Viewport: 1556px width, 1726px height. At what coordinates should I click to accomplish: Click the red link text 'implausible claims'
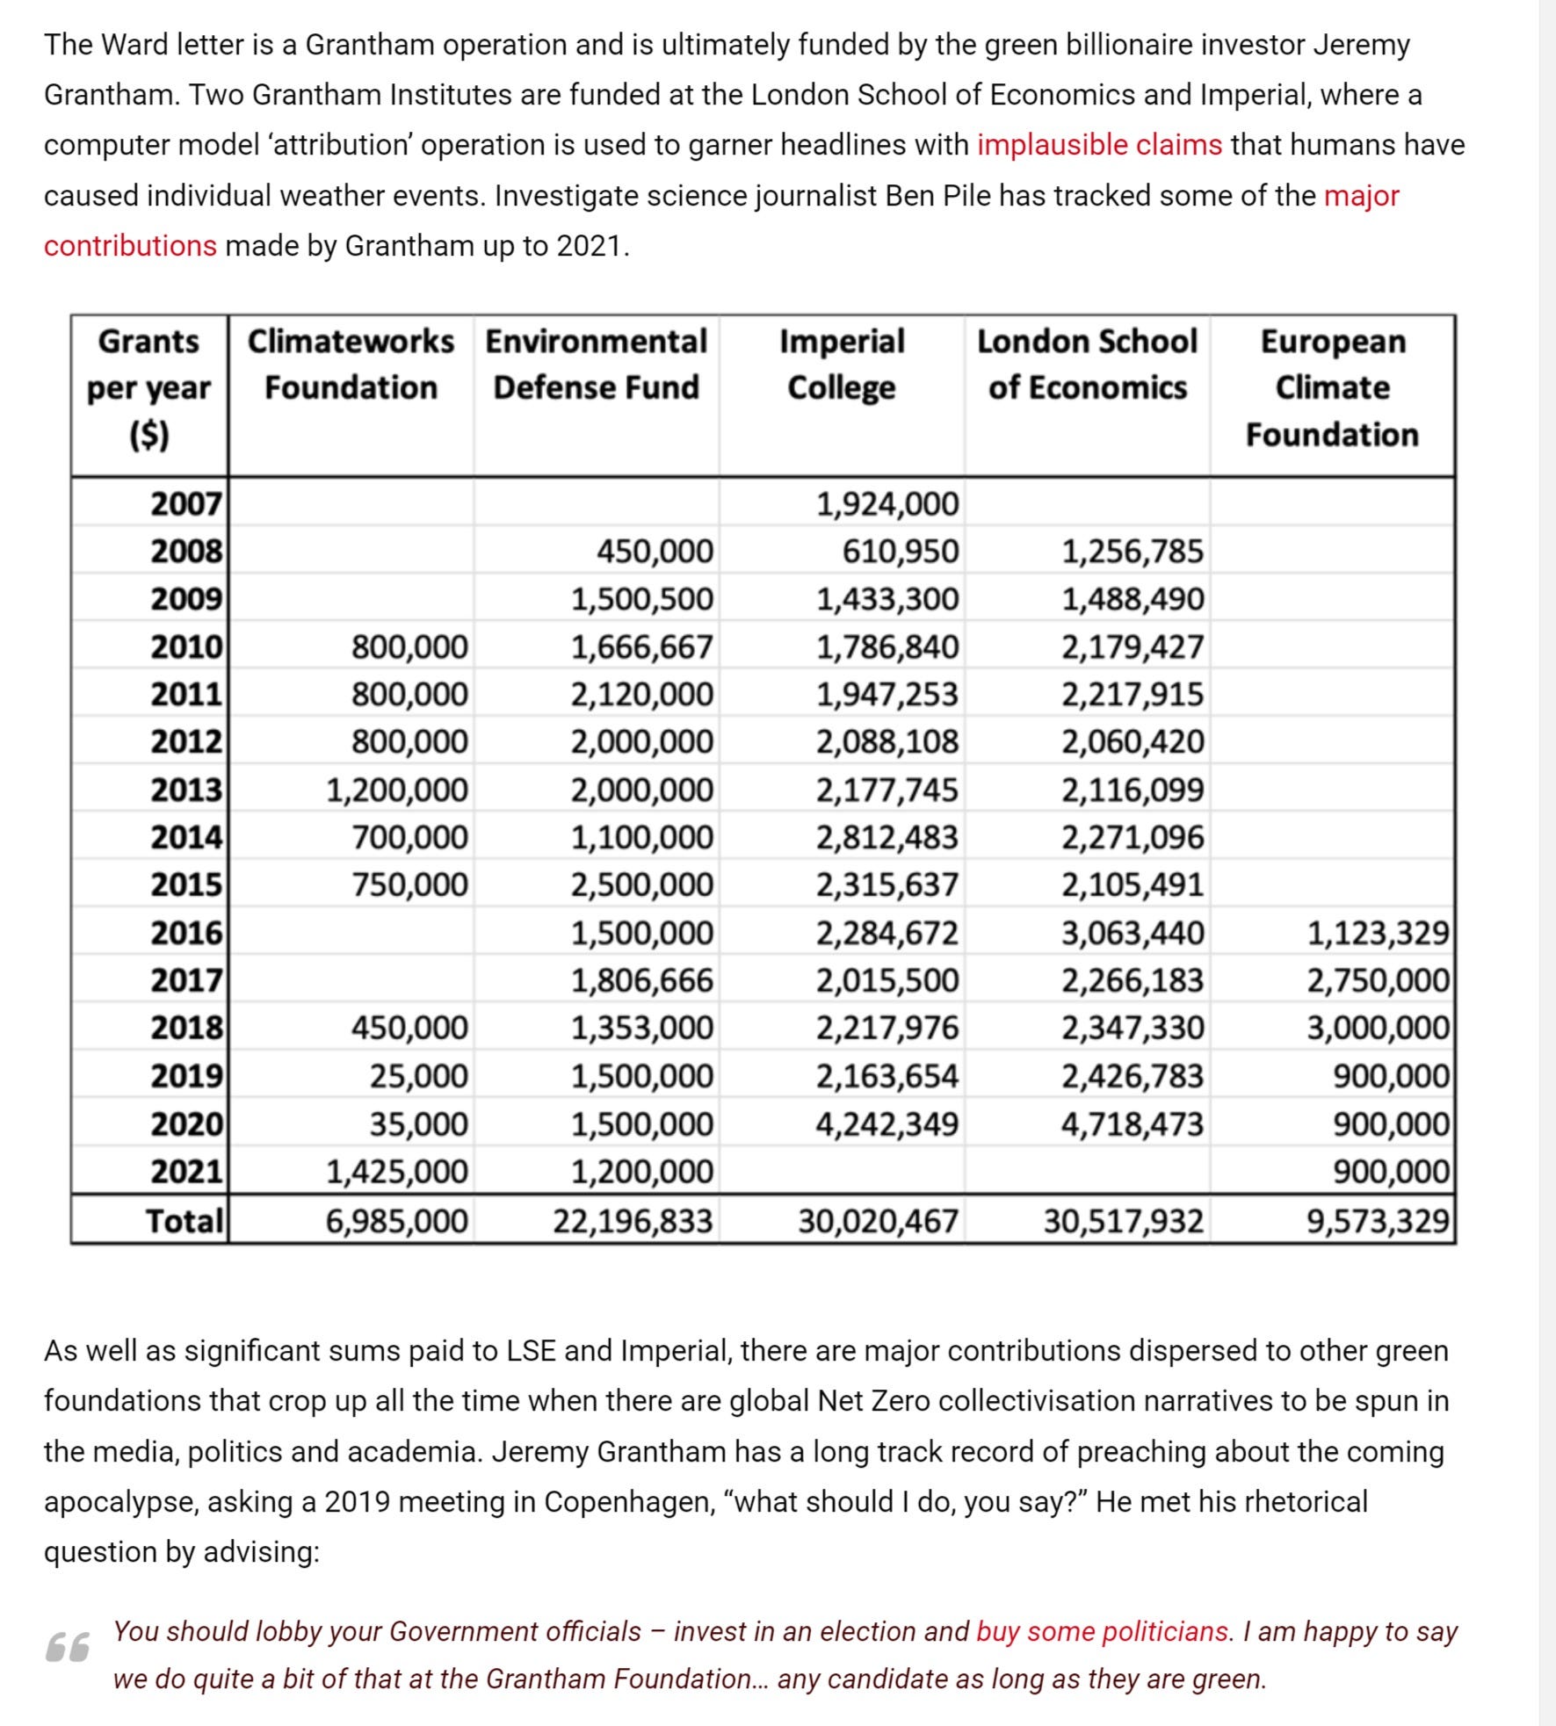[1098, 145]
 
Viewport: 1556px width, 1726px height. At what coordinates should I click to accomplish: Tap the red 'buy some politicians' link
[1102, 1631]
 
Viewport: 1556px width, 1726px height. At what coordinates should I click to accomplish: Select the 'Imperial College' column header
[842, 364]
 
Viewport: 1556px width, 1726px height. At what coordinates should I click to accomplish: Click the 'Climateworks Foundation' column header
[351, 364]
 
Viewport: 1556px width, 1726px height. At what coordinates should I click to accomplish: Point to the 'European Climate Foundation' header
[1332, 387]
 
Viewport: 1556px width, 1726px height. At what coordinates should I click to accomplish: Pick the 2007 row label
[185, 504]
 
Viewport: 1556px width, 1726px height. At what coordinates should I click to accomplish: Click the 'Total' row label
[185, 1220]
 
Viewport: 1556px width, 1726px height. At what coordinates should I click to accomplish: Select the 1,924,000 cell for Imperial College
[887, 504]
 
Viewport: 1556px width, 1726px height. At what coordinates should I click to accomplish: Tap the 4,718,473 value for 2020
[1132, 1124]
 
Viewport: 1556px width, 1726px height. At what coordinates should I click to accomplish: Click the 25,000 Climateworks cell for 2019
[418, 1076]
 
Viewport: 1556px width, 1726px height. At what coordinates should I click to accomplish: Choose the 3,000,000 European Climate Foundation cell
[1377, 1028]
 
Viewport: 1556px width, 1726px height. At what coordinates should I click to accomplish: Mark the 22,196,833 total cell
[633, 1220]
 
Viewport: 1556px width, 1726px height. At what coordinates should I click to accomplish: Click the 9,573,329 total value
[1377, 1220]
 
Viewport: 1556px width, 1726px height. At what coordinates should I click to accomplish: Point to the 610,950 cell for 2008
[901, 552]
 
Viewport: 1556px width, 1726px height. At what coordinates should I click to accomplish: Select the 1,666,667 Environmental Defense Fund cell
[642, 647]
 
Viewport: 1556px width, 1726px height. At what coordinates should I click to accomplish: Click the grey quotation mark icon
[68, 1647]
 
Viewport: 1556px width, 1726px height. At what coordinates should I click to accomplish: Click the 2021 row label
[185, 1172]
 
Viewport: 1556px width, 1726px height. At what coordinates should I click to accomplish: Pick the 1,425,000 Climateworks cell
[397, 1172]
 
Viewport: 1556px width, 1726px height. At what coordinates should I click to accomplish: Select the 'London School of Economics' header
[1087, 364]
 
